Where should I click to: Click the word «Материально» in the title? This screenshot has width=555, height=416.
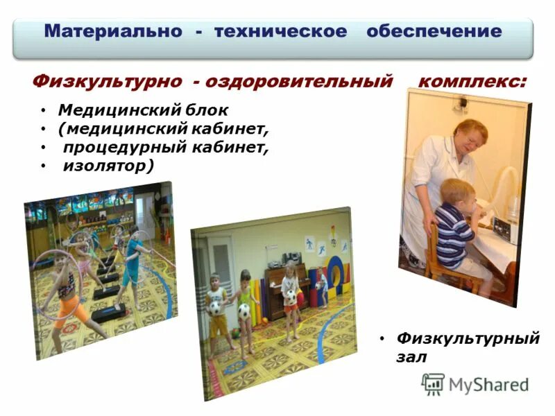click(x=111, y=31)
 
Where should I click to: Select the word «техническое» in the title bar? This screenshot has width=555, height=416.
click(x=280, y=31)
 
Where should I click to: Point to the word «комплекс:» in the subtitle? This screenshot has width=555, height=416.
click(x=472, y=82)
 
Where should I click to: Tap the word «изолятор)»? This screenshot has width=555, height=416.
click(x=108, y=166)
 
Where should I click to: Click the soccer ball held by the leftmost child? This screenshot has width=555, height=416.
click(x=216, y=306)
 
